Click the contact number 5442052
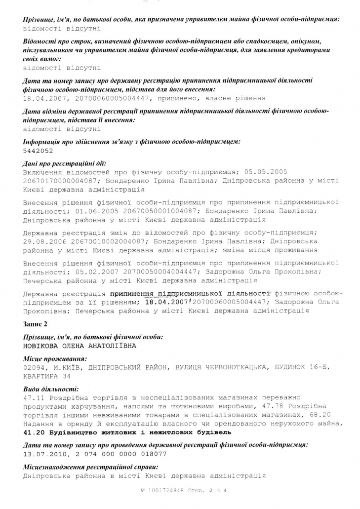tap(38, 151)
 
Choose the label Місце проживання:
tap(54, 359)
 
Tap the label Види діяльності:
tap(50, 389)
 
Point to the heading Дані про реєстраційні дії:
tap(64, 163)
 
